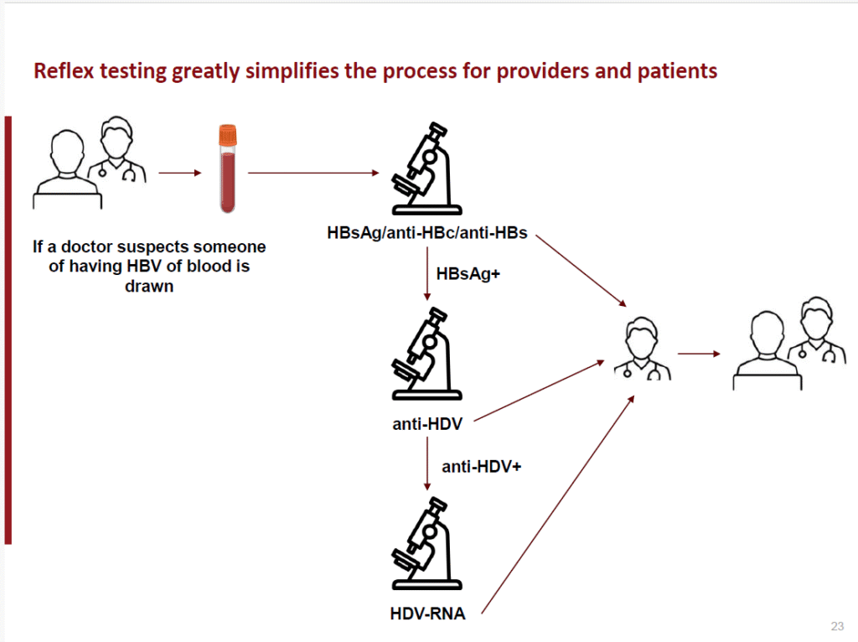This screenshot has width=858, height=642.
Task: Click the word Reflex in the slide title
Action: coord(63,71)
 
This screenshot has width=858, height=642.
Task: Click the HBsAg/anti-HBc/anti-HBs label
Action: coord(427,232)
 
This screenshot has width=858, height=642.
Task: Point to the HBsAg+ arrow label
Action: coord(468,274)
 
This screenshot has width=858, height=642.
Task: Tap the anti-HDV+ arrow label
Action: coord(481,467)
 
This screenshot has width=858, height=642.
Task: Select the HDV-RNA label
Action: coord(427,614)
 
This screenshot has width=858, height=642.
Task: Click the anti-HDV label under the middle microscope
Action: coord(427,424)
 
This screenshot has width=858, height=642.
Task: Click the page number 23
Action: coord(836,626)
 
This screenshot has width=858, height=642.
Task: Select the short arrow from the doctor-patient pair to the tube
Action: coord(180,173)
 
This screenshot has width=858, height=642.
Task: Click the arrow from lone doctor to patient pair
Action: coord(699,354)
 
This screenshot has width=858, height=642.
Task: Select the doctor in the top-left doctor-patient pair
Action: coord(117,151)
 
